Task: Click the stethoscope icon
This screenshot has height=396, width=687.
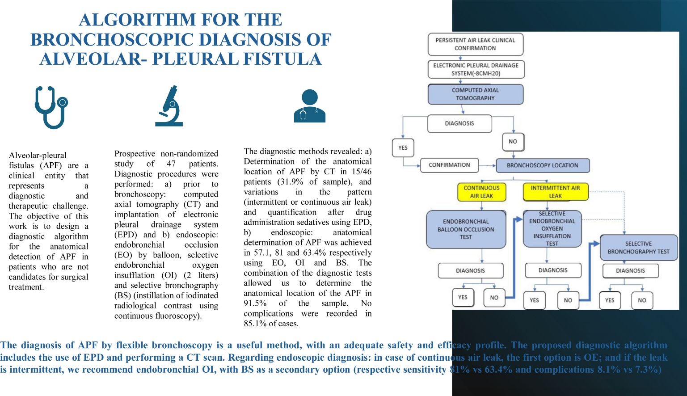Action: (x=51, y=107)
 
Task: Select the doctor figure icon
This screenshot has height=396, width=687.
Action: (x=309, y=106)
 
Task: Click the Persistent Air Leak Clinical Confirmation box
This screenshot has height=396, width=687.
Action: (x=475, y=44)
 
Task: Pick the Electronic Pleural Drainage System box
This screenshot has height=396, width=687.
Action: (x=475, y=69)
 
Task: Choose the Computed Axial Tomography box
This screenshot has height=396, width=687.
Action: (x=475, y=94)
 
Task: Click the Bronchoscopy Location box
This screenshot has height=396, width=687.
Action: (x=542, y=165)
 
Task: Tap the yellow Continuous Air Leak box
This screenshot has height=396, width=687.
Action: (x=481, y=192)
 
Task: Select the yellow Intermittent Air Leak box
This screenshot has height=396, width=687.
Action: (x=555, y=192)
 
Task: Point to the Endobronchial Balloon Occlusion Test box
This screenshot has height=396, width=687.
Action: (x=466, y=229)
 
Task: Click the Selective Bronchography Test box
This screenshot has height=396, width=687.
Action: (x=638, y=248)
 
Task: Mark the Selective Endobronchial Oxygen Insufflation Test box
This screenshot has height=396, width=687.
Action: (x=552, y=229)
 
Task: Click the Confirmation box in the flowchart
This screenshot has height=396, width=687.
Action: (x=449, y=165)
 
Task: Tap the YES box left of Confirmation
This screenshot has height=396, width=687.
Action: (x=403, y=148)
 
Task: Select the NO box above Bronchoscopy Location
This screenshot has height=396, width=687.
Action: (x=513, y=142)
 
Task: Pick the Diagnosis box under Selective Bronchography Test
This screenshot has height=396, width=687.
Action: (x=630, y=270)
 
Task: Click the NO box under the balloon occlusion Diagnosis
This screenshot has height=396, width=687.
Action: (x=494, y=298)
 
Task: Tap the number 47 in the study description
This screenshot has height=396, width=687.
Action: (x=171, y=164)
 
